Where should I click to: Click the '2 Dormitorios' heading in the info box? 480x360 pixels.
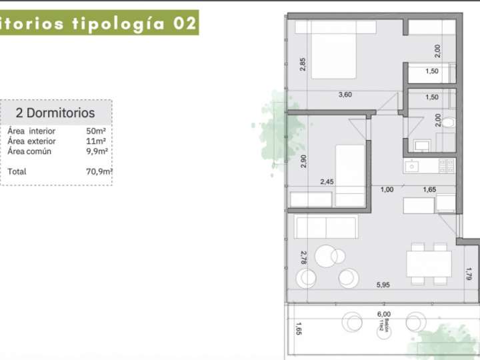55,113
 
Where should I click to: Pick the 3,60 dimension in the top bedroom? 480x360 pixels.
345,95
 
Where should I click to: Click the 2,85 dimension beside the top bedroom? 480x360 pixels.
303,65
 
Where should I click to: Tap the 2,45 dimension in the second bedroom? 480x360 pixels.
327,181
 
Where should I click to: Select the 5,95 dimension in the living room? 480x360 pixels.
383,285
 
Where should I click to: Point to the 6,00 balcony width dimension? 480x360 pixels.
383,315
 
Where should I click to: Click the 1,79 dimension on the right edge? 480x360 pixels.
469,273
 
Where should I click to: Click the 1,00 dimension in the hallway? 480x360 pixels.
387,189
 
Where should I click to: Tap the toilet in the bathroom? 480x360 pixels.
448,123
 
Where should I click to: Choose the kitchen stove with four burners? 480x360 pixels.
447,165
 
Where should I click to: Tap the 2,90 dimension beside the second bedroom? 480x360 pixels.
303,161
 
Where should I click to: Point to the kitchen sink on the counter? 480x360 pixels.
412,165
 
